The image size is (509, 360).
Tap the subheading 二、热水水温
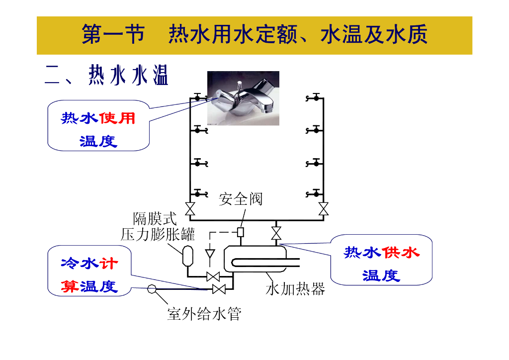pyautogui.click(x=106, y=75)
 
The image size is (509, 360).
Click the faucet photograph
pyautogui.click(x=243, y=98)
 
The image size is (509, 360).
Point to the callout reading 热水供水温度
pyautogui.click(x=381, y=264)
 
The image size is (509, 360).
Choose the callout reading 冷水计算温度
pyautogui.click(x=89, y=274)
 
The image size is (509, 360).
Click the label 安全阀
pyautogui.click(x=241, y=199)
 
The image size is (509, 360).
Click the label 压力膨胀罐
pyautogui.click(x=158, y=234)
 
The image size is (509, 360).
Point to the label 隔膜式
pyautogui.click(x=155, y=218)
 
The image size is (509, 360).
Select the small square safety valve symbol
pyautogui.click(x=241, y=232)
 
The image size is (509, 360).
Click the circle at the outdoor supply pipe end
pyautogui.click(x=152, y=289)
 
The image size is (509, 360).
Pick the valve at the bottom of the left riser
pyautogui.click(x=190, y=209)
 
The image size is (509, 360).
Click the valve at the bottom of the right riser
pyautogui.click(x=323, y=209)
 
